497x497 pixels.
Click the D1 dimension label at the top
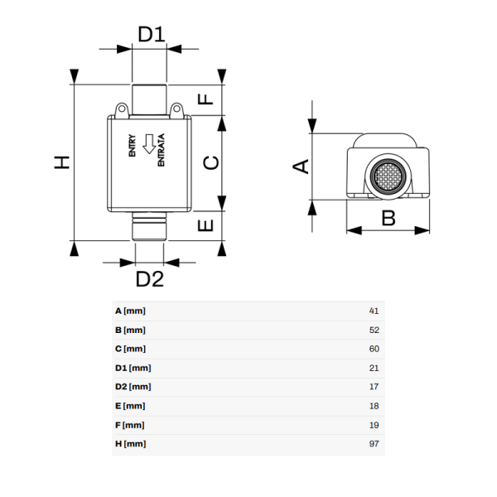click(x=152, y=34)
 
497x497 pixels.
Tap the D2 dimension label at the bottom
click(x=150, y=279)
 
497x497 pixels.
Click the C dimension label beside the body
click(x=212, y=162)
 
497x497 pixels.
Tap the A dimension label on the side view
click(x=302, y=166)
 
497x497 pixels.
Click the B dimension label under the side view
click(x=388, y=218)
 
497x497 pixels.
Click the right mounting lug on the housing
click(x=176, y=109)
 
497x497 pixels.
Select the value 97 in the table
click(x=373, y=444)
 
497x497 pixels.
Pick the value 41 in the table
click(x=373, y=311)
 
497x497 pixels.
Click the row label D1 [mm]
click(x=133, y=368)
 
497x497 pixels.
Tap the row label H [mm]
click(x=130, y=444)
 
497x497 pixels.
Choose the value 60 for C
click(x=373, y=349)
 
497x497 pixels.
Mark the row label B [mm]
click(x=130, y=330)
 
